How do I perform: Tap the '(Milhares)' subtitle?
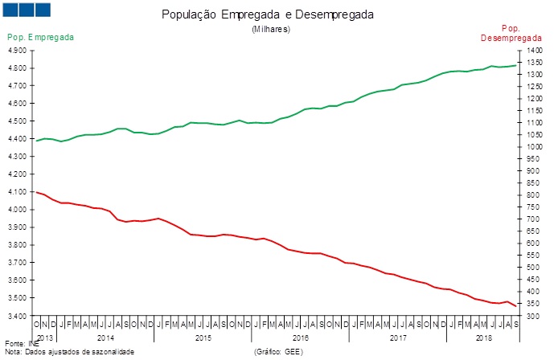(x=270, y=29)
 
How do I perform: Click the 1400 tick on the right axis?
(x=534, y=50)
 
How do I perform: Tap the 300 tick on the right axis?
(x=532, y=316)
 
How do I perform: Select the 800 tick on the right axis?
(x=532, y=195)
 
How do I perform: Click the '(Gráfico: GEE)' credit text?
(x=278, y=352)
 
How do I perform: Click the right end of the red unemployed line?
(x=515, y=305)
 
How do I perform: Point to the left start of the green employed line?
(x=36, y=141)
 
